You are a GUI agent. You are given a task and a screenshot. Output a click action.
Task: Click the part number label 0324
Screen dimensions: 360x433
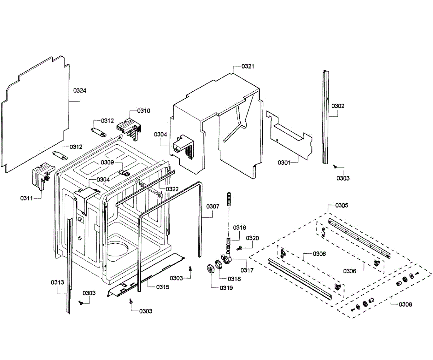[x=80, y=91]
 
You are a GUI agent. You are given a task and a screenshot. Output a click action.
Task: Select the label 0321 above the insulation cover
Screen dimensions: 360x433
[x=248, y=66]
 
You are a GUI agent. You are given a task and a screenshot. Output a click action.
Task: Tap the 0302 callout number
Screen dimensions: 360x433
[x=338, y=106]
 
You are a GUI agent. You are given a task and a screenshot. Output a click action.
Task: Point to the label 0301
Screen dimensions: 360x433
[x=284, y=162]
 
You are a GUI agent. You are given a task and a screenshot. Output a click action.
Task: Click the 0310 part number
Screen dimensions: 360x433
[x=144, y=110]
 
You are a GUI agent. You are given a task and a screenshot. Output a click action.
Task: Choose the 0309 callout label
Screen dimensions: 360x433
[x=107, y=162]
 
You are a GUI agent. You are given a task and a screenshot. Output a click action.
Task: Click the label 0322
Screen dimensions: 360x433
[x=172, y=189]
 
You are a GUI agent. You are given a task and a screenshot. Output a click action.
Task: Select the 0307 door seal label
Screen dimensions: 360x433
[x=213, y=207]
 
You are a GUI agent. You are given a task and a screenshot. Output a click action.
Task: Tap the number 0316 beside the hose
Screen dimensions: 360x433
[x=239, y=227]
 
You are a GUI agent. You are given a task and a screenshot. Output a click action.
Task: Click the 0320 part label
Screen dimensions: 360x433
[x=253, y=238]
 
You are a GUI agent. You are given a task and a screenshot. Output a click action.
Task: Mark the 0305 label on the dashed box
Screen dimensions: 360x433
[x=342, y=205]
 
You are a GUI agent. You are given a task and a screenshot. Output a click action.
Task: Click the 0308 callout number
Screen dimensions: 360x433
[x=405, y=304]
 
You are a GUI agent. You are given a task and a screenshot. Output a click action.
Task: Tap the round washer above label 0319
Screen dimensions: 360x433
[x=209, y=269]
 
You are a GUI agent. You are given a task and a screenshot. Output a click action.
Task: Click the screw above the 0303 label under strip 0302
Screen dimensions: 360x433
[x=335, y=166]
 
